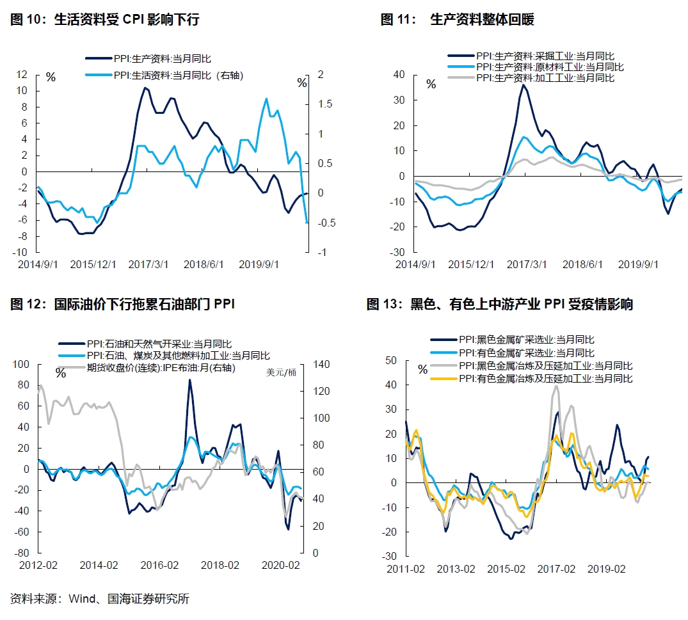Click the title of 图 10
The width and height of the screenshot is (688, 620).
click(106, 20)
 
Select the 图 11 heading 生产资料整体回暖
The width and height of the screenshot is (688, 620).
click(458, 20)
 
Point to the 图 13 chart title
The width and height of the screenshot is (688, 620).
click(499, 304)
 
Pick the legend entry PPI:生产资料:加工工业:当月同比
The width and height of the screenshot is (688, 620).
click(545, 78)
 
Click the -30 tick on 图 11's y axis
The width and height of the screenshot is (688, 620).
click(399, 252)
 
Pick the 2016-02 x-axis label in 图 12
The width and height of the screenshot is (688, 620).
click(159, 565)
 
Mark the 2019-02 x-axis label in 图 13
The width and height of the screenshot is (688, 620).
click(606, 569)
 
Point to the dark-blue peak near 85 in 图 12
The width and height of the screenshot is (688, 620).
click(189, 380)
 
